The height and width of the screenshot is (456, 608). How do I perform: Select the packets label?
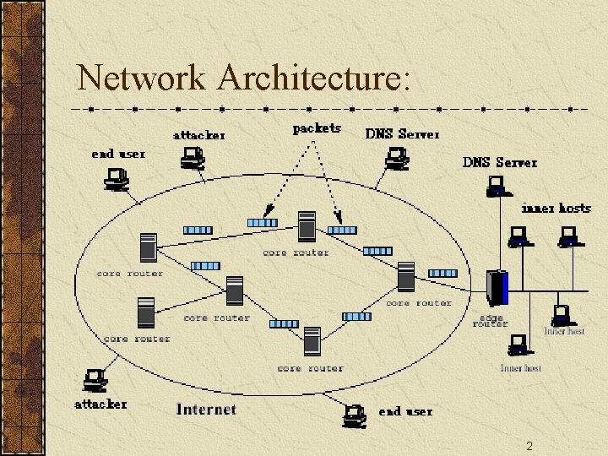(317, 128)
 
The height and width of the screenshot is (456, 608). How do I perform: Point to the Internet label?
(206, 409)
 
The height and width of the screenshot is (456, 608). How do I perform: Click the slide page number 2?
(529, 445)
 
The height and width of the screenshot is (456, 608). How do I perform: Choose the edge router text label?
(490, 321)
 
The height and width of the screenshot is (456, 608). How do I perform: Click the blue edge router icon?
(497, 287)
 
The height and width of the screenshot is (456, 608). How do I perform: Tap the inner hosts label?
(556, 208)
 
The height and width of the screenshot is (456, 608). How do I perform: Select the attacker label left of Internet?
(100, 404)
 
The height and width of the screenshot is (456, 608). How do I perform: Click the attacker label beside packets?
(199, 135)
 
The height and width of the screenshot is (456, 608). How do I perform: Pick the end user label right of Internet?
(405, 411)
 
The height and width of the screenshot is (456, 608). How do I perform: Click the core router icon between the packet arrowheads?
(307, 226)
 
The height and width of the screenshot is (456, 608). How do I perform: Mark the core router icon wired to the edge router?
(406, 276)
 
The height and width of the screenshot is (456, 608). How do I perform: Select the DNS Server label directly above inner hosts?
(500, 162)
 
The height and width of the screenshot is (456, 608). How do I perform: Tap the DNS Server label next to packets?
(402, 134)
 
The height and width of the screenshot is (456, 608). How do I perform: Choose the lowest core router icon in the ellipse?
(312, 342)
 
